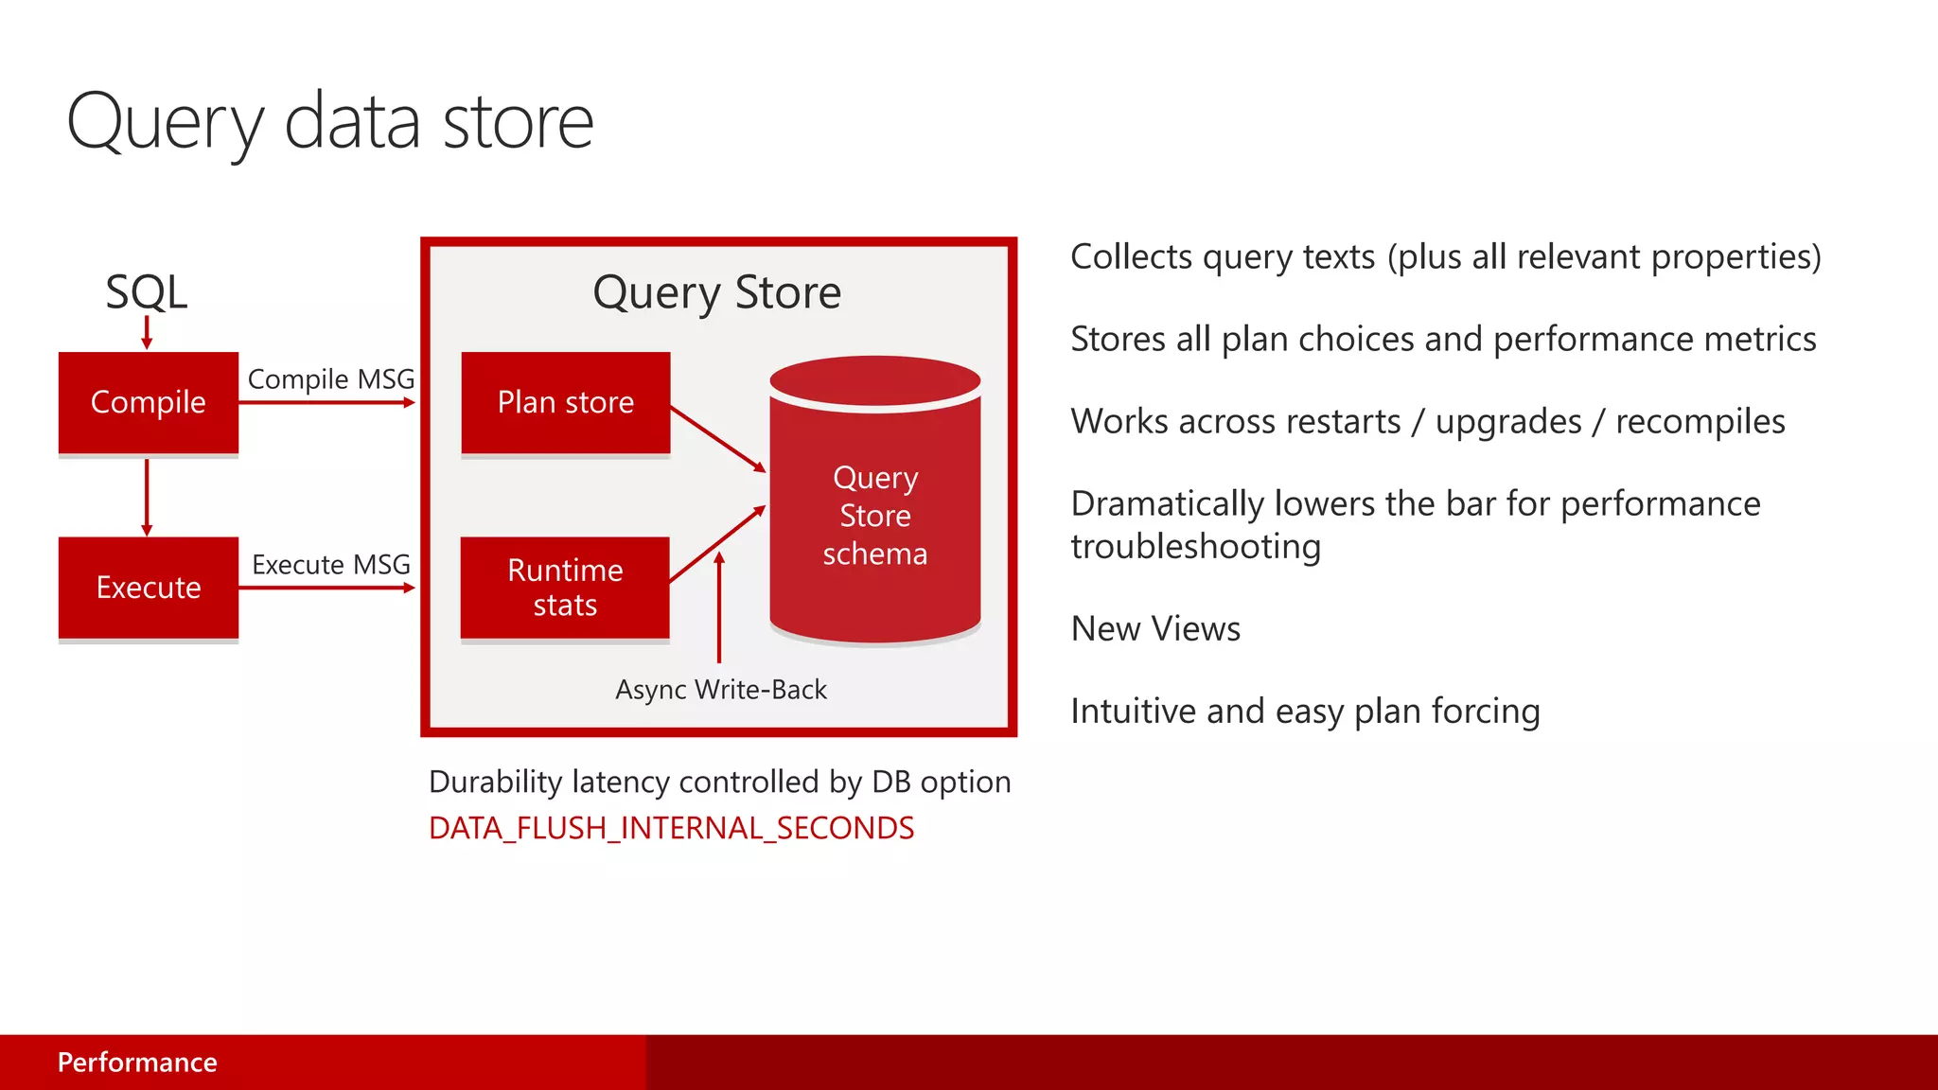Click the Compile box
point(149,403)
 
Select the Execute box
point(149,588)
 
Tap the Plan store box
point(566,403)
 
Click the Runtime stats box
point(565,588)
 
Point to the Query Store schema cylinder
point(875,516)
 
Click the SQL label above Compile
point(147,291)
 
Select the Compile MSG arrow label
point(330,379)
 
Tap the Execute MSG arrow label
point(330,565)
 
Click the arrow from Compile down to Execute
point(147,497)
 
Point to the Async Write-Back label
point(721,690)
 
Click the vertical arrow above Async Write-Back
point(719,610)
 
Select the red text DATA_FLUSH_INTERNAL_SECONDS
point(671,828)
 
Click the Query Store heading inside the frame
point(717,292)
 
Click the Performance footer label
point(137,1063)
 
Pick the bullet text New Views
point(1155,629)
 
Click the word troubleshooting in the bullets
point(1196,547)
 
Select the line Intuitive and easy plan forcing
point(1305,712)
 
